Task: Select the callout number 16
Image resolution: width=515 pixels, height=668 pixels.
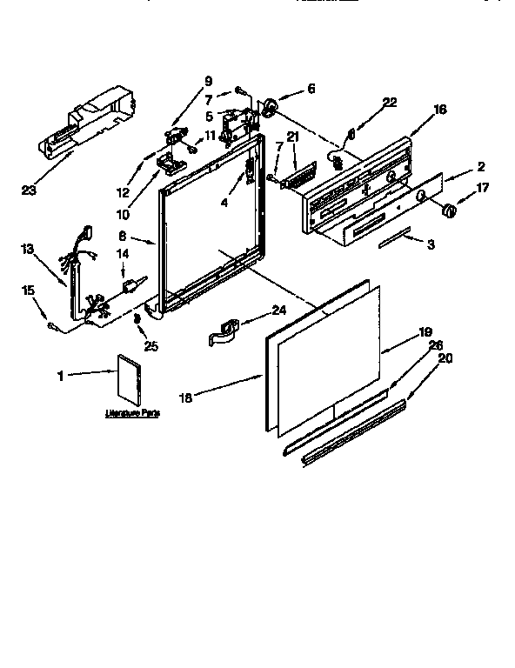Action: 439,109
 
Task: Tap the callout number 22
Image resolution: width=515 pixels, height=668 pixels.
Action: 390,103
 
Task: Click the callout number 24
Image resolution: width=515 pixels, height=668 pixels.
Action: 278,310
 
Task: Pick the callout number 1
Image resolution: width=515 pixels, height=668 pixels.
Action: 60,376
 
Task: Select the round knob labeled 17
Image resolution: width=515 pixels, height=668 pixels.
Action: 449,210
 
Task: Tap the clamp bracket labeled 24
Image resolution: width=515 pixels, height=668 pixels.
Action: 226,332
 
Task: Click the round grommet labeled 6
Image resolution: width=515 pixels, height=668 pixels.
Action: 271,106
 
